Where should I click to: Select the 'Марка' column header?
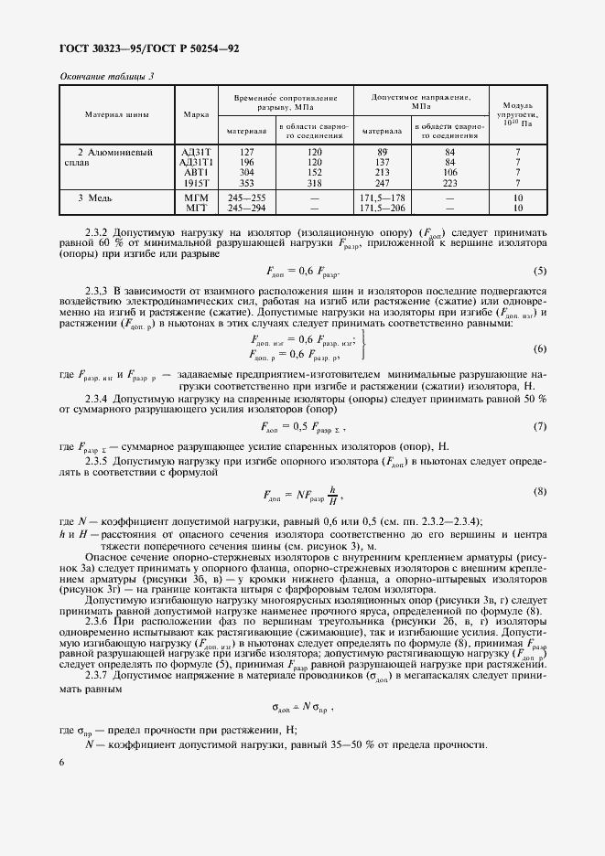[x=195, y=115]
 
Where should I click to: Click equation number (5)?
[x=540, y=270]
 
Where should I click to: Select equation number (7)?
[x=540, y=427]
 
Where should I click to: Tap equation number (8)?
[x=540, y=491]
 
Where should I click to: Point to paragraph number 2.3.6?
[x=97, y=619]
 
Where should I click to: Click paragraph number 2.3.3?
[x=97, y=289]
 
